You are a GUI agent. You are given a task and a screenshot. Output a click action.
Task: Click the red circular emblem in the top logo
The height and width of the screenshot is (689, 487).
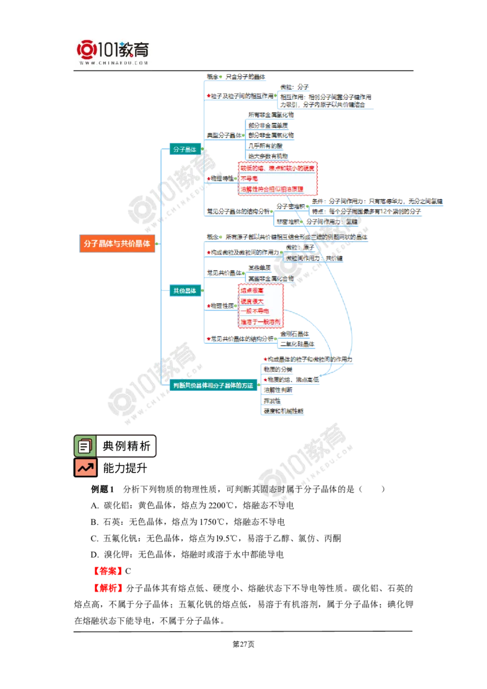[86, 49]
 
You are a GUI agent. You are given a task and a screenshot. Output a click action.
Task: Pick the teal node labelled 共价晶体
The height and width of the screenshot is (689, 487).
[184, 291]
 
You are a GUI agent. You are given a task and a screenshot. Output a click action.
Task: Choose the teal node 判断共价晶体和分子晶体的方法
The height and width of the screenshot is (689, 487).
[212, 385]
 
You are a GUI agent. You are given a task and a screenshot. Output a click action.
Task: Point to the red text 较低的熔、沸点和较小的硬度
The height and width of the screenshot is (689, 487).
[278, 167]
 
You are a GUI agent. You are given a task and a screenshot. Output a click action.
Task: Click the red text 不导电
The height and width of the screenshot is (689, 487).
[249, 178]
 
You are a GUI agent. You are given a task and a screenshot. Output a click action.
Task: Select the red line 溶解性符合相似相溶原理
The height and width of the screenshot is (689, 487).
[272, 189]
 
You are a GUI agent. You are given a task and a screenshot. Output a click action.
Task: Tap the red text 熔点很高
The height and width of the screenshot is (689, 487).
[252, 291]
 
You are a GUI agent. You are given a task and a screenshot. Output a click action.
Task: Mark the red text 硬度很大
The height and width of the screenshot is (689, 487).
[252, 301]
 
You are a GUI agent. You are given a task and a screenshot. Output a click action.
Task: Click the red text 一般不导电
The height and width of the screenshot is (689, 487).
[254, 310]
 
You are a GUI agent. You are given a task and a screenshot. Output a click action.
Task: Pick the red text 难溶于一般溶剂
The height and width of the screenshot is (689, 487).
[260, 321]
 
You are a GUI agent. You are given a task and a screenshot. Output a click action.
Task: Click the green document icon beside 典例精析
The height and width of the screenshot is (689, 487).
[84, 446]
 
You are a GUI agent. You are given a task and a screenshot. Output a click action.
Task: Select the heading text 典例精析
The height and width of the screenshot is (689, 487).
[126, 446]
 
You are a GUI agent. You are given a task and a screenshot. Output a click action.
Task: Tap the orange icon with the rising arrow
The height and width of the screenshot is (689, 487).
[85, 467]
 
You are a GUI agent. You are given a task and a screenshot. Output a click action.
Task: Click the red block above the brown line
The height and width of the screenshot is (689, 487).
[107, 570]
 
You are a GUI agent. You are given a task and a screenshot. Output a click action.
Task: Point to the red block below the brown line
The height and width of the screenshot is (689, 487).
[109, 588]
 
